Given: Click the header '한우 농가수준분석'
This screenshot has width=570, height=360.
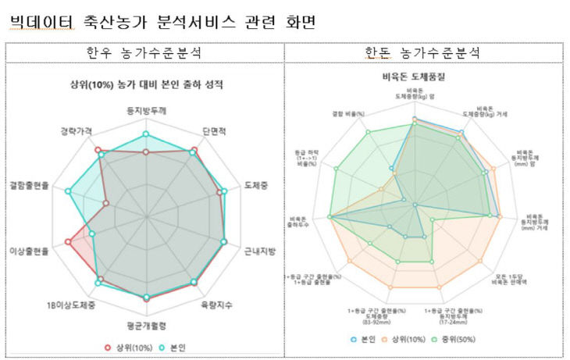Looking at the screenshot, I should tap(145, 53).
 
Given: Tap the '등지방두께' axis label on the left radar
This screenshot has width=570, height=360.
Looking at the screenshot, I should tap(145, 112).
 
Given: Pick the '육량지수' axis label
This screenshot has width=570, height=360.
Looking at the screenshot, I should tap(216, 305).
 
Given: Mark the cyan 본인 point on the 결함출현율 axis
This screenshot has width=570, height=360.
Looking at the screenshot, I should tap(69, 191).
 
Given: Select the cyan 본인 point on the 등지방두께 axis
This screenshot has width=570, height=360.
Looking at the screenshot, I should tap(145, 135).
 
